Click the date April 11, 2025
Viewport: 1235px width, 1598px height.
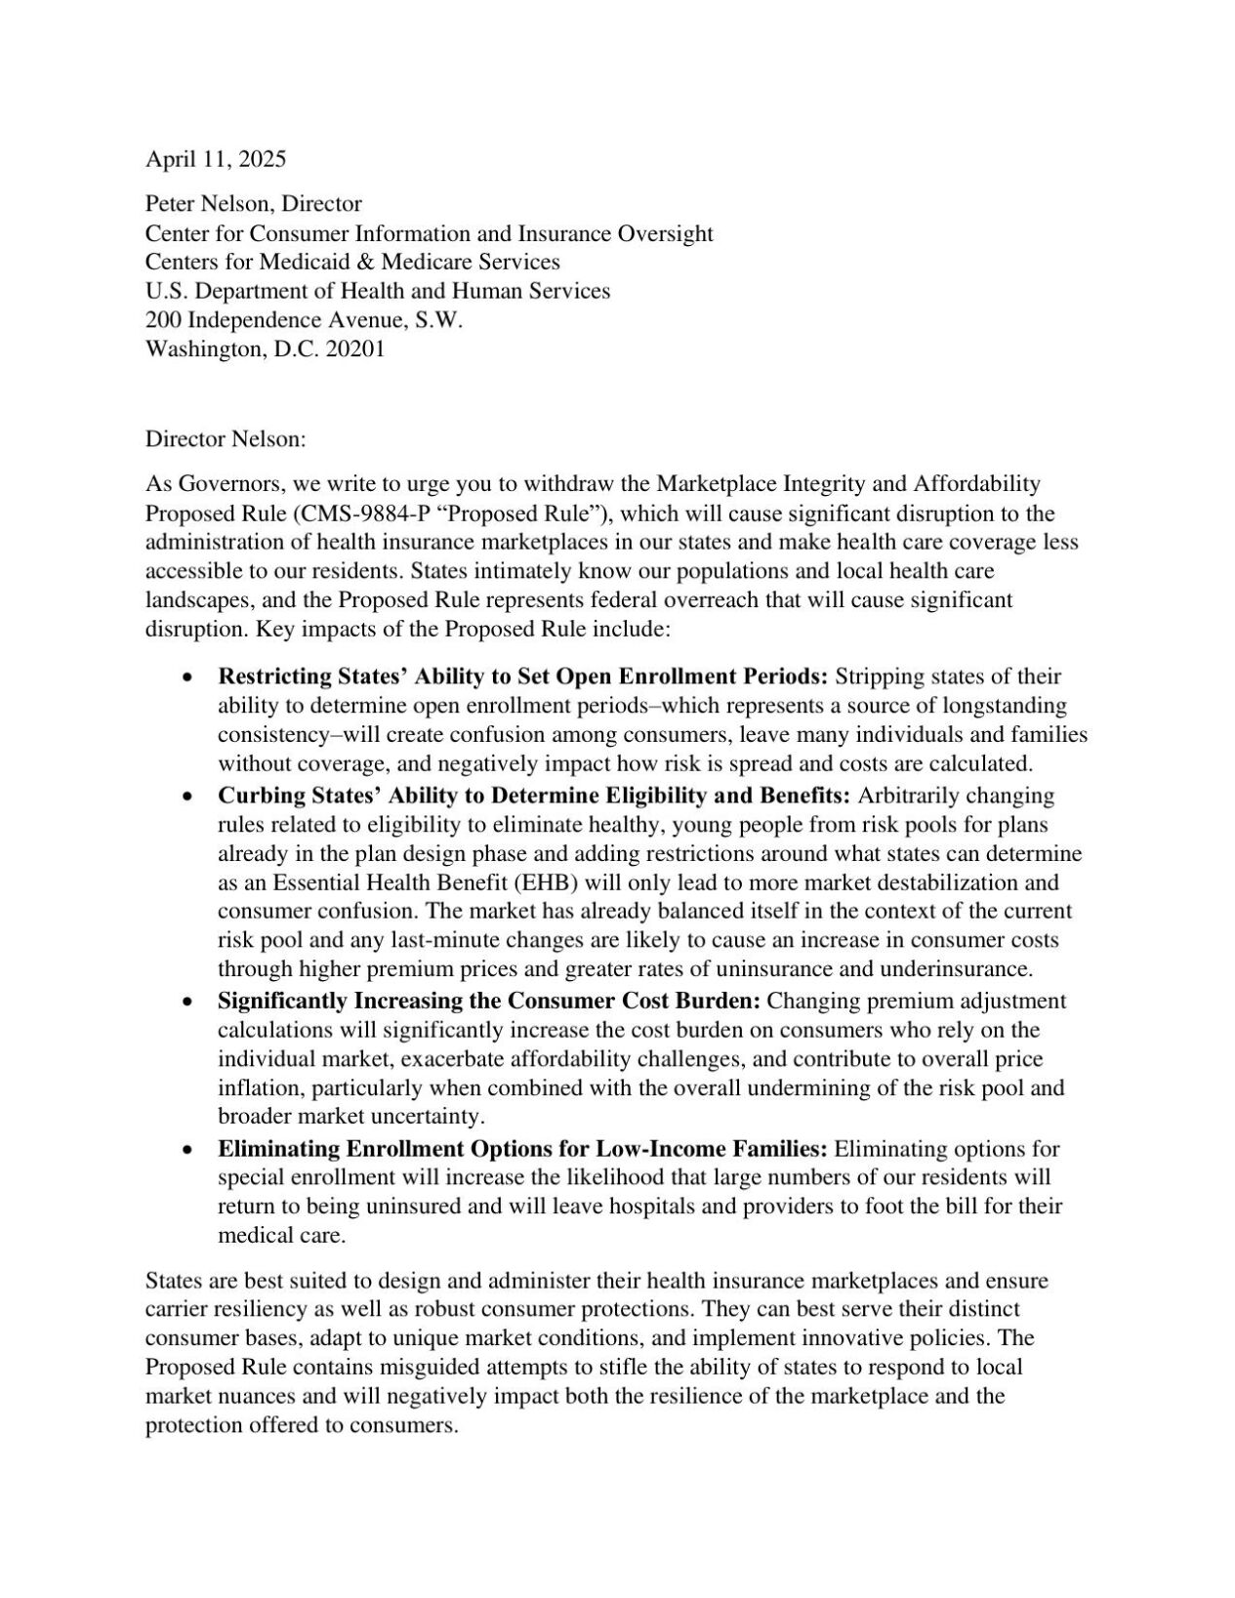tap(216, 159)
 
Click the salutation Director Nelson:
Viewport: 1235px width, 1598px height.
tap(226, 439)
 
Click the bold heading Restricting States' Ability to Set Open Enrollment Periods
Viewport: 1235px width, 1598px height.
tap(522, 676)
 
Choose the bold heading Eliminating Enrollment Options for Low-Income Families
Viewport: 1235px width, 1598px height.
tap(522, 1148)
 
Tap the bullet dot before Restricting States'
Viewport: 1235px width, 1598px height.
tap(187, 677)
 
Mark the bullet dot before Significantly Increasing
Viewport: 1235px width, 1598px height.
tap(187, 1002)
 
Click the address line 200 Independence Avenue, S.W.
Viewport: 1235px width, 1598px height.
tap(304, 320)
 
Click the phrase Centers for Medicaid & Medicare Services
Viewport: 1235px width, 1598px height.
tap(352, 262)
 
